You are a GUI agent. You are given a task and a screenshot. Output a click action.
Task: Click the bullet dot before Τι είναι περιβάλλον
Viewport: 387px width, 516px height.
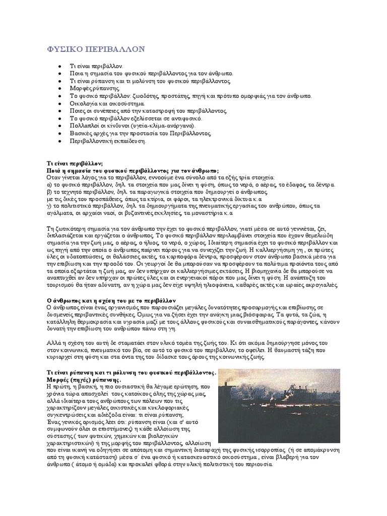[60, 66]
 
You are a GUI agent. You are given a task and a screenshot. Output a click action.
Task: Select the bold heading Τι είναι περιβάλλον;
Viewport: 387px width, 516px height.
[75, 164]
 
